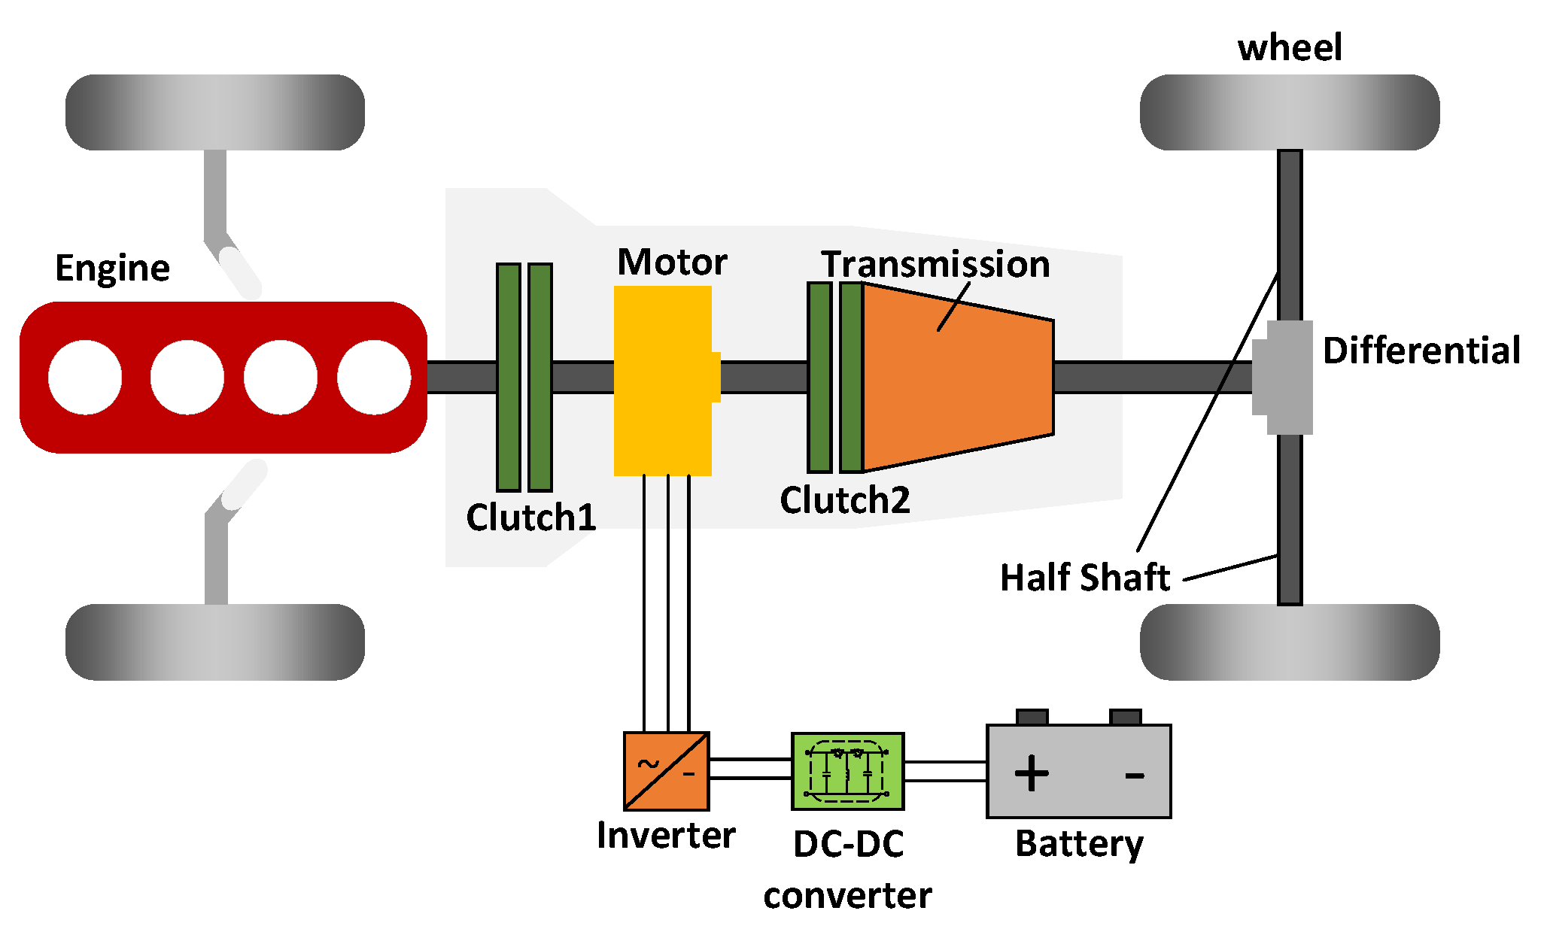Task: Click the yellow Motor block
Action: [662, 380]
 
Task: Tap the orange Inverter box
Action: [666, 771]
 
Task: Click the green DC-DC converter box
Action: [847, 771]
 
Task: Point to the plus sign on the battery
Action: [1032, 773]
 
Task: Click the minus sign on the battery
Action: [1134, 775]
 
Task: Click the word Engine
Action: [113, 269]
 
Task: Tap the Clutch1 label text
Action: [530, 518]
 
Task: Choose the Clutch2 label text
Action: [844, 500]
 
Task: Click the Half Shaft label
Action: [1084, 578]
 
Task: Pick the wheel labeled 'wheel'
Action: [1289, 112]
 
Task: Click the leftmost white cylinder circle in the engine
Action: [85, 377]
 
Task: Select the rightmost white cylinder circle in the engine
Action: [373, 377]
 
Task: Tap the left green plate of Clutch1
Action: [509, 377]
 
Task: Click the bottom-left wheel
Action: [215, 642]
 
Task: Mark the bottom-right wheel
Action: [1289, 642]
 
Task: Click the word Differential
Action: [1421, 351]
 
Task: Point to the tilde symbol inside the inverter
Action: [648, 764]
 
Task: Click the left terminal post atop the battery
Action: [1032, 716]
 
